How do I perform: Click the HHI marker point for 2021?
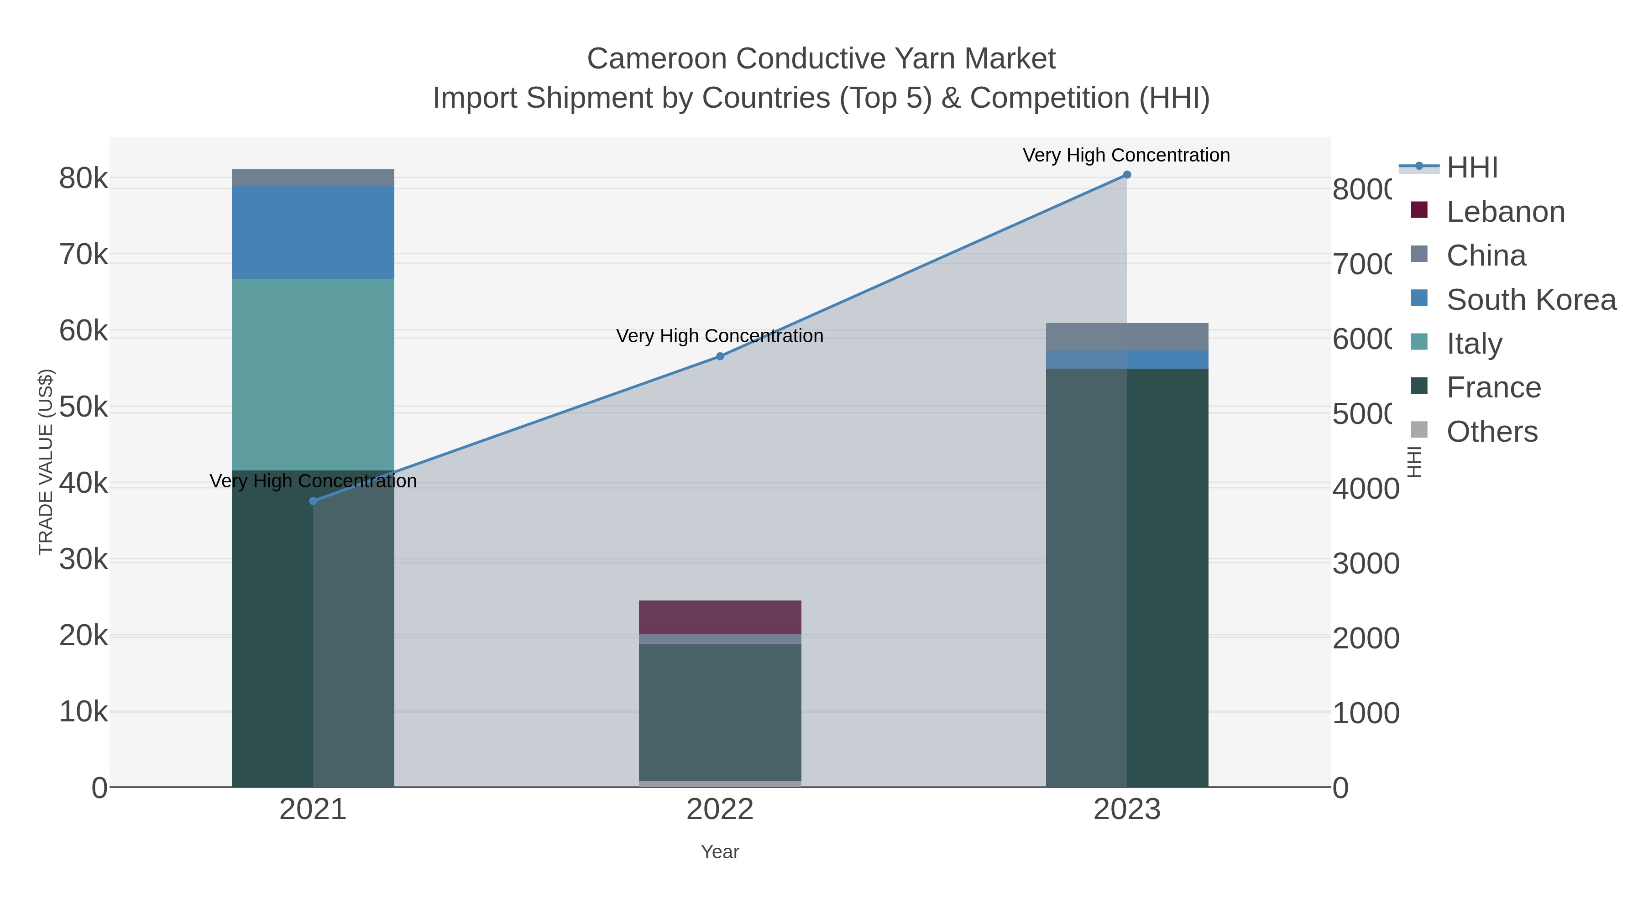313,501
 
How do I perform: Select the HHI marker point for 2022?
720,356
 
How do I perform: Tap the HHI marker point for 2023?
1127,175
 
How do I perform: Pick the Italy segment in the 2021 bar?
313,374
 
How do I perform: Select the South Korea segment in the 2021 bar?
313,232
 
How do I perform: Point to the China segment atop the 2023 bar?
1127,337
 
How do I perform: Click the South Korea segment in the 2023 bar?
1127,360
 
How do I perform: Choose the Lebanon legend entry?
1505,212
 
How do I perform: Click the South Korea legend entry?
1531,300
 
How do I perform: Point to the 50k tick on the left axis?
84,407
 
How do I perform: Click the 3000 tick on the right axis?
1365,564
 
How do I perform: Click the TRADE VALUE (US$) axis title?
46,462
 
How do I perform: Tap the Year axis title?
720,852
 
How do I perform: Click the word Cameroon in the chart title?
656,59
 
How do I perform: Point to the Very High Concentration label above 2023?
1126,156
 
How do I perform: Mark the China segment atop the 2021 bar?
313,178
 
